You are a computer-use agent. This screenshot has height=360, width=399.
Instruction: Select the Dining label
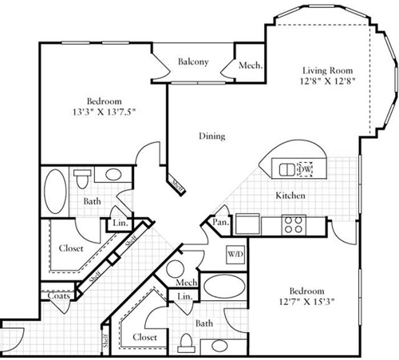coord(211,136)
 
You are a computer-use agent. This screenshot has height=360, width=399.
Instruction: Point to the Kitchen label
coord(290,196)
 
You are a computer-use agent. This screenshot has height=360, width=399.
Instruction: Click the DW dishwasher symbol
coord(305,169)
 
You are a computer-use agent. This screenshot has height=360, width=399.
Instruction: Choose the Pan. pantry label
coord(221,222)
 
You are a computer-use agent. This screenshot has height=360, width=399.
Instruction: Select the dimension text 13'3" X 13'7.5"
coord(104,113)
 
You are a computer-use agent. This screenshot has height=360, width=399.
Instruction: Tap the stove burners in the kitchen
coord(293,224)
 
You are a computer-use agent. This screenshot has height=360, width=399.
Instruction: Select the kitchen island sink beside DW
coord(285,169)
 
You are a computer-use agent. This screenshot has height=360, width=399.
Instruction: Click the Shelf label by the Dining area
coord(176,185)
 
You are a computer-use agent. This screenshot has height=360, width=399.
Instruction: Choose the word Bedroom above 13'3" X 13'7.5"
coord(104,101)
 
